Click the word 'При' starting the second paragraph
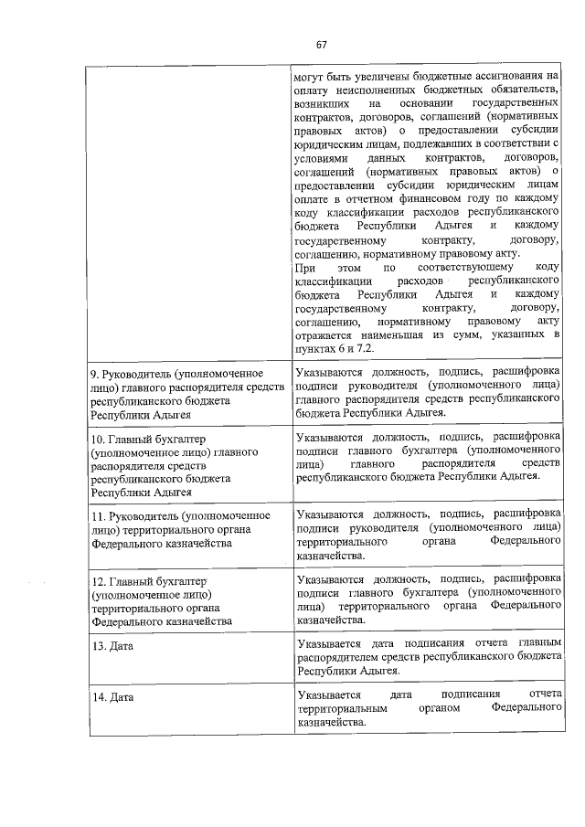coord(303,266)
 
